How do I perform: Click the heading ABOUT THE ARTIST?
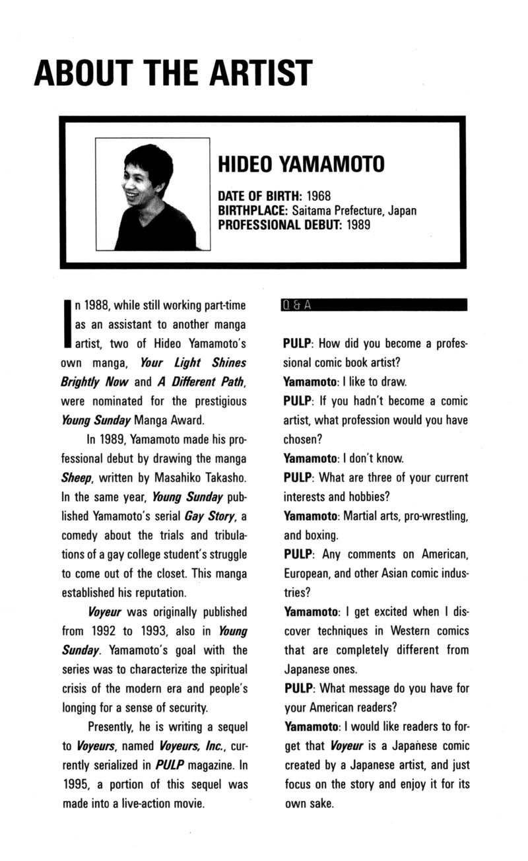pyautogui.click(x=173, y=72)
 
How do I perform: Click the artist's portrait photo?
pyautogui.click(x=152, y=194)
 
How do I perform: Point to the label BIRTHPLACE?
pyautogui.click(x=251, y=211)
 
